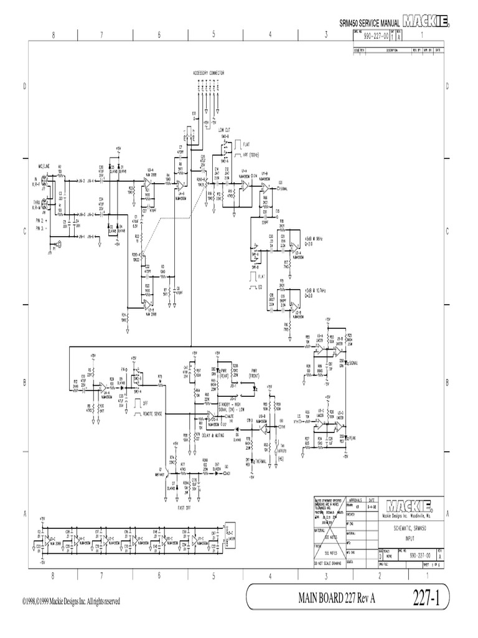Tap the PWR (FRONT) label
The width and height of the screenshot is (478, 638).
(253, 374)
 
